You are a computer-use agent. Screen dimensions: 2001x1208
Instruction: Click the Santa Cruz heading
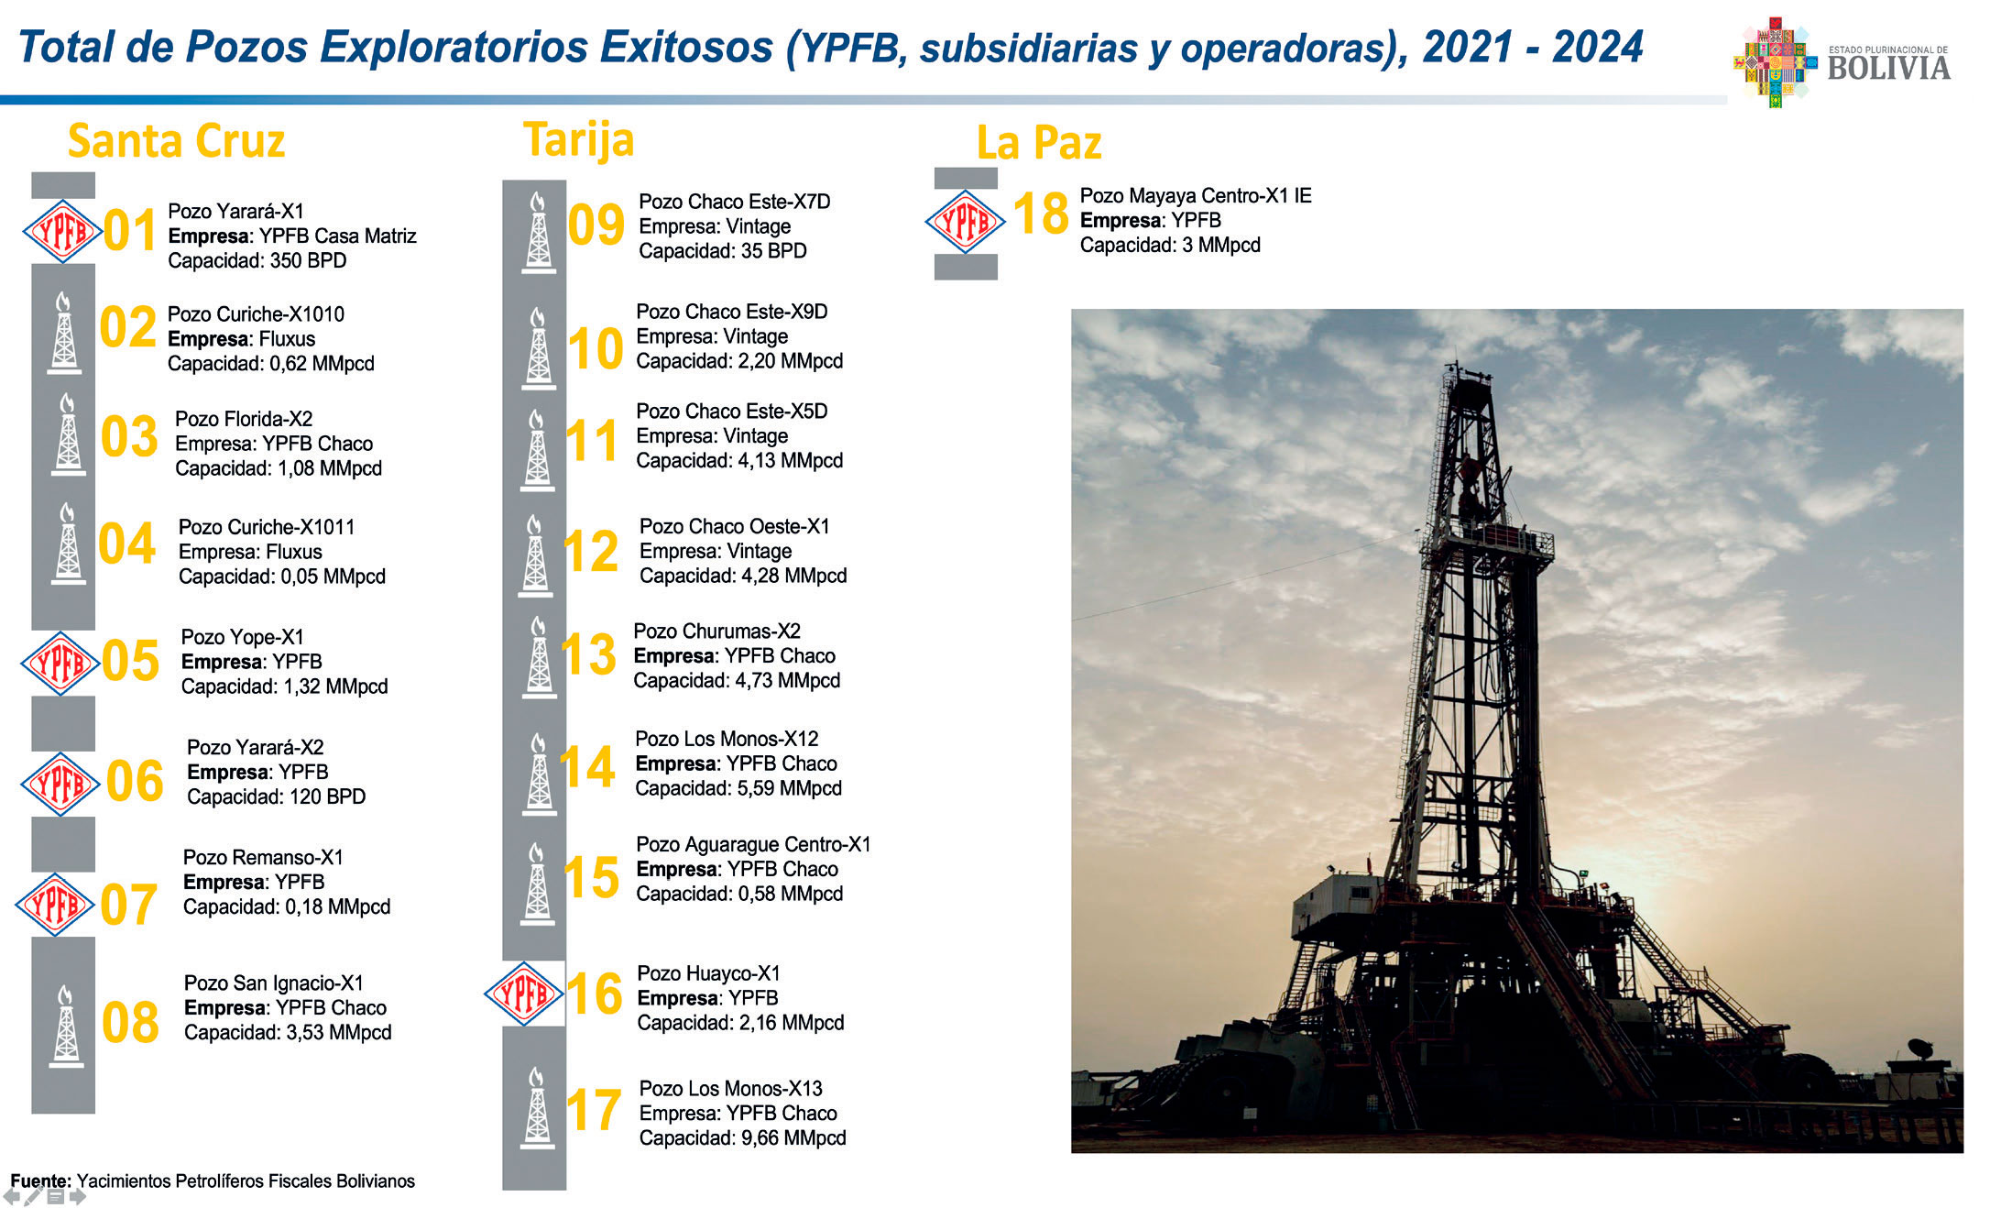coord(176,141)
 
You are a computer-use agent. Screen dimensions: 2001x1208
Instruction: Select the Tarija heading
coord(578,140)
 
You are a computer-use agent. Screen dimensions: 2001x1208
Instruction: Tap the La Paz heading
coord(1039,143)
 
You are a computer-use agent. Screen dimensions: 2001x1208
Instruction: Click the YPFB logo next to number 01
coord(61,231)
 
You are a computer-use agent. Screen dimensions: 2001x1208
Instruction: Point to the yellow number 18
coord(1041,214)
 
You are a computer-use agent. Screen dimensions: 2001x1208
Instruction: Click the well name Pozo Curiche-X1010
coord(256,314)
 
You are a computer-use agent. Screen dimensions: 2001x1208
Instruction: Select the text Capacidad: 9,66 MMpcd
coord(742,1138)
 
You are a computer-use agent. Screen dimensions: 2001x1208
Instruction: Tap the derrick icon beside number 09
coord(538,232)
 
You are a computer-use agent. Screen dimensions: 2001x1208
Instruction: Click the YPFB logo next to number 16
coord(523,994)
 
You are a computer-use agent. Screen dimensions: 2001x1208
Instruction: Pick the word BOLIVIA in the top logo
coord(1888,69)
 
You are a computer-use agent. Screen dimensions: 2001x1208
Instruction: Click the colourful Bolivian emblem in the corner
coord(1775,62)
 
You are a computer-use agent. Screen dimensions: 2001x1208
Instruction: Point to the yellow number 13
coord(588,654)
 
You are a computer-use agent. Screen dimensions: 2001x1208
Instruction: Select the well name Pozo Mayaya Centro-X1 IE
coord(1196,196)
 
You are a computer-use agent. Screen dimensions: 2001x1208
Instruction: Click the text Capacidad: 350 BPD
coord(257,261)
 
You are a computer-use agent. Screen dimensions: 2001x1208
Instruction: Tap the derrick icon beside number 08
coord(65,1027)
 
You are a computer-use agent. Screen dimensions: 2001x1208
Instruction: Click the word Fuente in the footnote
coord(39,1181)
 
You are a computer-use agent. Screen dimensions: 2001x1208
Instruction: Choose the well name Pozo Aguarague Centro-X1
coord(753,845)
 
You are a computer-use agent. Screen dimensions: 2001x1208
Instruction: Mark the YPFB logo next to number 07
coord(55,905)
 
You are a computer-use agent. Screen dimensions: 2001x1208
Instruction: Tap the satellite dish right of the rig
coord(1919,1048)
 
